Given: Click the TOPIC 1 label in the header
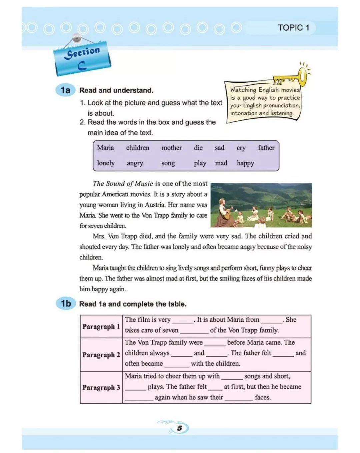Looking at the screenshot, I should (x=293, y=28).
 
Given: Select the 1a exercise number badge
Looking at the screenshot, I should (x=66, y=90).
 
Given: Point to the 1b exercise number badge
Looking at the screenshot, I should (x=66, y=303).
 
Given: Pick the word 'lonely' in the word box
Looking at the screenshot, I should (x=106, y=163).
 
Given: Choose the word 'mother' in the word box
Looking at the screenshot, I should (x=171, y=148).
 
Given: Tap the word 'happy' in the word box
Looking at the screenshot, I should (x=245, y=163).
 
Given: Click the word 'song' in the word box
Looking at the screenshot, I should (x=168, y=163).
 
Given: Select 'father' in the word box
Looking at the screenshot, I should (x=266, y=148).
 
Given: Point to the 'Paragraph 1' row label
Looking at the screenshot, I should (x=101, y=326).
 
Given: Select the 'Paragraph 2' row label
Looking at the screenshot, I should (x=101, y=355).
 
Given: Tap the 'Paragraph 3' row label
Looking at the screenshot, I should (x=101, y=387).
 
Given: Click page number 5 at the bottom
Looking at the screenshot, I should (x=180, y=428).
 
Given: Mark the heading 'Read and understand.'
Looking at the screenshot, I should (x=116, y=90).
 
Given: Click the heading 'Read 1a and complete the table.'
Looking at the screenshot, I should (x=133, y=304).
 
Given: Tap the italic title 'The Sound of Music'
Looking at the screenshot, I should (x=123, y=183).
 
